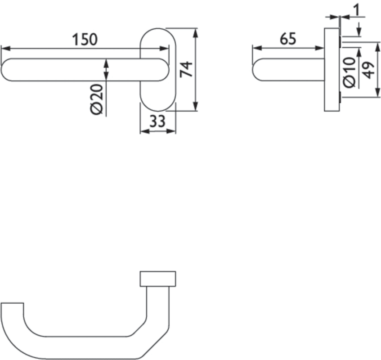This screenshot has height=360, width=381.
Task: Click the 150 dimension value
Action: coord(85,40)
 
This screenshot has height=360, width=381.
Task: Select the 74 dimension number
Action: coord(186,69)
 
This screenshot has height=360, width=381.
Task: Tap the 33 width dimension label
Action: coord(157,121)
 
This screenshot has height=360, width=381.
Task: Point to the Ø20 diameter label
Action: coord(97,99)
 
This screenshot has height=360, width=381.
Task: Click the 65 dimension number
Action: coord(288,39)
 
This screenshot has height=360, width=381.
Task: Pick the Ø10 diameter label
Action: coord(350,72)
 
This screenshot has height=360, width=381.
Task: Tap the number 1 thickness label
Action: coord(356,10)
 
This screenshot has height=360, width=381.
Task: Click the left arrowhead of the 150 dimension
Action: coord(5,48)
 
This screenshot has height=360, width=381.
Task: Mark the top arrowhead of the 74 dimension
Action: coord(195,33)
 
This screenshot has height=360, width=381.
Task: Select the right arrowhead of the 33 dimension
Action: coord(171,131)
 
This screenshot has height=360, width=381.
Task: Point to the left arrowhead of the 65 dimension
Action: coord(257,48)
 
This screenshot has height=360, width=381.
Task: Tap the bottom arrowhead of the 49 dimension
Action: coord(377,93)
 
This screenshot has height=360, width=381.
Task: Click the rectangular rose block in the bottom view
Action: coord(158,279)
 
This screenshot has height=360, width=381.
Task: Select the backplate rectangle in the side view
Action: coord(332,70)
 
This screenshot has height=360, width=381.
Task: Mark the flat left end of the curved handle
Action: coord(13,303)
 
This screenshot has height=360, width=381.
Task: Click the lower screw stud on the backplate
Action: coord(341,97)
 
